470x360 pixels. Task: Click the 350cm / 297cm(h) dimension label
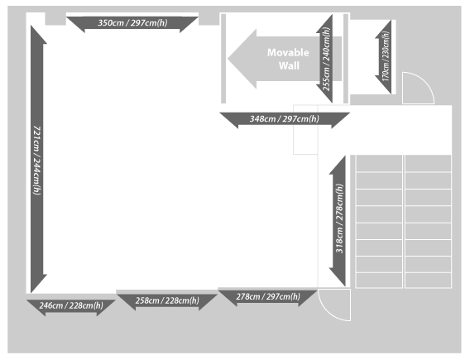tap(132, 23)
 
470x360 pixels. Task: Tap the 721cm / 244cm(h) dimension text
tap(37, 161)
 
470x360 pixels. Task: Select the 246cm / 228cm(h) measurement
tap(71, 305)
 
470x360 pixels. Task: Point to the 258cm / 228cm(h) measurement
tap(167, 300)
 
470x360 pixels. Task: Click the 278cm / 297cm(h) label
tap(268, 297)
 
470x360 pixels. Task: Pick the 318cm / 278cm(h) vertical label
tap(339, 218)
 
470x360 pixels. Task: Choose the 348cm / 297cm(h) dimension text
tap(285, 119)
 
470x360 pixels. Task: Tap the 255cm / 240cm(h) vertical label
tap(326, 59)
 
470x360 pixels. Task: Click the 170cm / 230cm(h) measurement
tap(386, 56)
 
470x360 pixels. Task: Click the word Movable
tap(288, 53)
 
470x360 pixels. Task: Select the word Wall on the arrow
tap(289, 65)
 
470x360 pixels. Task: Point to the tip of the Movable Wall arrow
tap(228, 59)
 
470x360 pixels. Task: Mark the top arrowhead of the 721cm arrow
tap(39, 35)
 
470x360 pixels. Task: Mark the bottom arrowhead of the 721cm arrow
tap(39, 284)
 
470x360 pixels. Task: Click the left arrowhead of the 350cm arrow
tap(75, 23)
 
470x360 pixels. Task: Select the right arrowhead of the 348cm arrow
tap(341, 119)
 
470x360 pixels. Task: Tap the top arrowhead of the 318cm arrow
tap(338, 165)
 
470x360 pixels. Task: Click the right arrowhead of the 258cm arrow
tap(209, 300)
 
